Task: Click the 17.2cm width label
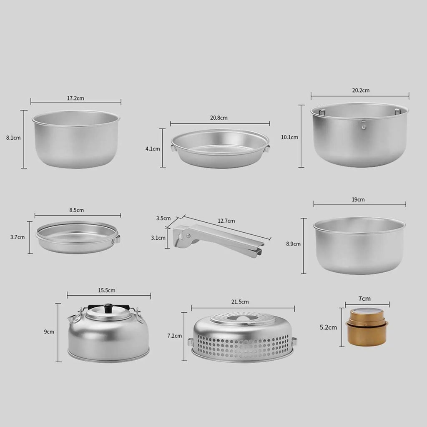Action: click(x=76, y=98)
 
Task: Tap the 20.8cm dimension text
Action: click(x=219, y=118)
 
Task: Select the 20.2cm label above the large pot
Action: click(x=360, y=90)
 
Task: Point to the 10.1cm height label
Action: click(x=289, y=137)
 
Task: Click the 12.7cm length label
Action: click(x=226, y=221)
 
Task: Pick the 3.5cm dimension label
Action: click(x=163, y=218)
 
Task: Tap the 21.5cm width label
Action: click(x=240, y=301)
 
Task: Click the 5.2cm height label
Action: click(x=328, y=327)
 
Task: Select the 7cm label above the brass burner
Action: click(x=364, y=299)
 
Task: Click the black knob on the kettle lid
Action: click(x=108, y=308)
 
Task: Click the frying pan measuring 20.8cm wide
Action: click(x=220, y=148)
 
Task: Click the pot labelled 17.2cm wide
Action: click(x=76, y=139)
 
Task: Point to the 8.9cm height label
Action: click(x=294, y=244)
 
